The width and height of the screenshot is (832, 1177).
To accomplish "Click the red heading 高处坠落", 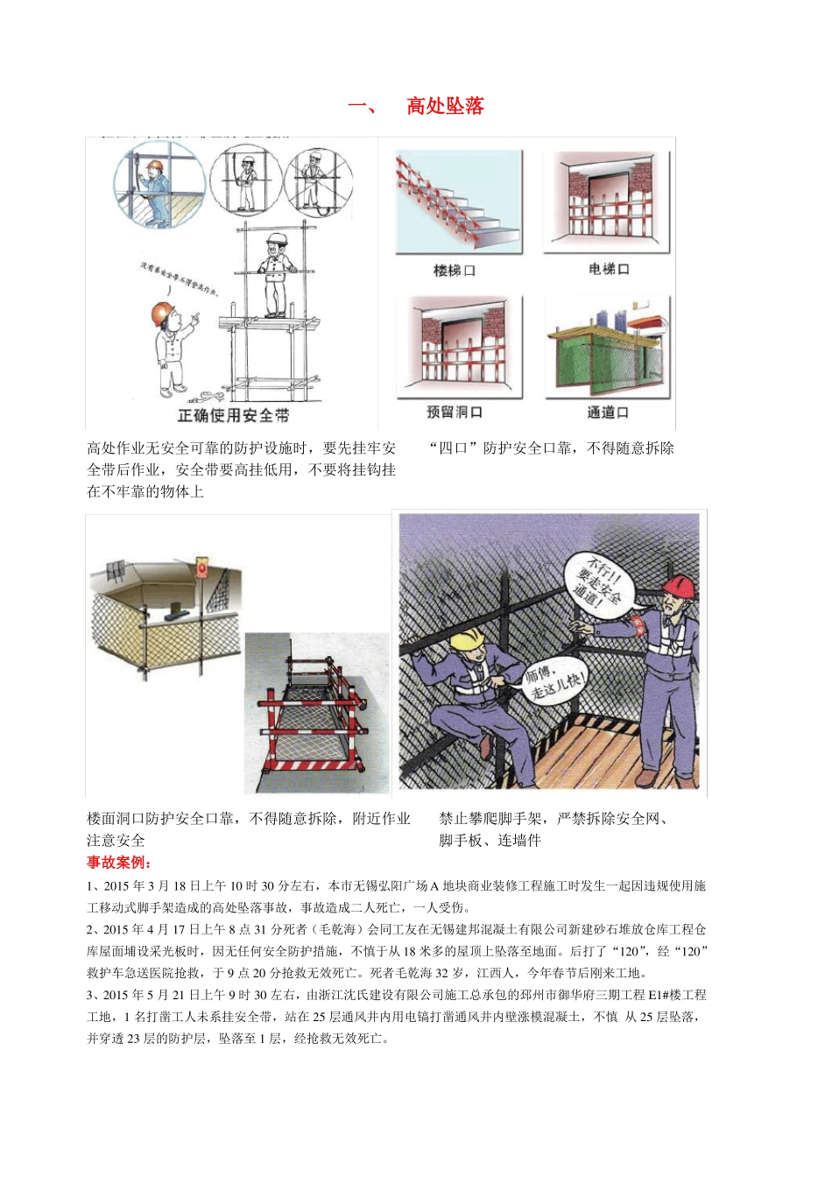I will [445, 106].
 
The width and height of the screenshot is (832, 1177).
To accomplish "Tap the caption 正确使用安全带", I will [233, 415].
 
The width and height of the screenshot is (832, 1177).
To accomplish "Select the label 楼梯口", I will [455, 271].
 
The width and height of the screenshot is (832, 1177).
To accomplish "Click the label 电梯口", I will [609, 269].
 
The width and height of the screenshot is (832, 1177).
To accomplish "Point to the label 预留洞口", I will [455, 412].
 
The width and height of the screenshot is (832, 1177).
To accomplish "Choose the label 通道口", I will [608, 412].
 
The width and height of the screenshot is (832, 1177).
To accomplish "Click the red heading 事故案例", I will [119, 863].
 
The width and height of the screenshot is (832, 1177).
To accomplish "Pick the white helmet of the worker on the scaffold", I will [278, 238].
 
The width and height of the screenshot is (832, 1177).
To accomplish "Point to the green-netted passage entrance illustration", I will [607, 348].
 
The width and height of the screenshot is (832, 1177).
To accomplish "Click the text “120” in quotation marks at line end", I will [692, 951].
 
